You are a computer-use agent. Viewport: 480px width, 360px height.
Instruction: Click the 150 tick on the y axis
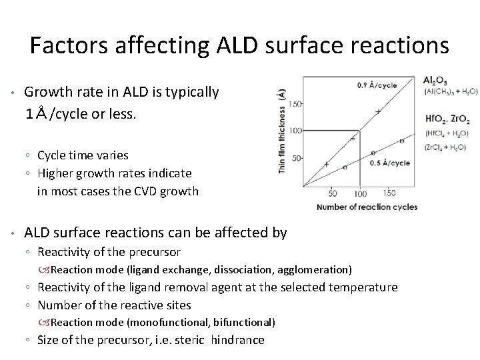(x=295, y=103)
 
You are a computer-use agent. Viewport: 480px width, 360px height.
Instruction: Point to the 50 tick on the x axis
(x=333, y=193)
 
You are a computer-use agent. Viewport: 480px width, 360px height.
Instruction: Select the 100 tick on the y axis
(x=295, y=131)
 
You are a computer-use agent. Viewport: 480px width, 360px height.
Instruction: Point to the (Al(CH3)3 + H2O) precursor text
(x=450, y=92)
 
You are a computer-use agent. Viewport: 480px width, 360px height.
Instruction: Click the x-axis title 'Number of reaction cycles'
(x=367, y=207)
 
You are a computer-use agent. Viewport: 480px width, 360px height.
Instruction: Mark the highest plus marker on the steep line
(x=378, y=111)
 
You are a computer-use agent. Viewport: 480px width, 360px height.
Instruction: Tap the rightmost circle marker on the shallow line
(x=401, y=141)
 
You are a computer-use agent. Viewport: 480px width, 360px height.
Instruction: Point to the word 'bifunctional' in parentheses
(x=247, y=322)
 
